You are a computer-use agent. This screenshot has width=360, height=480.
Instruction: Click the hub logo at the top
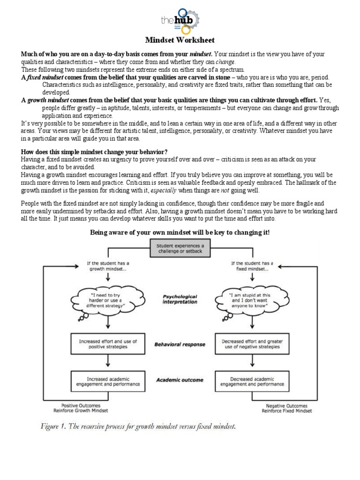[180, 20]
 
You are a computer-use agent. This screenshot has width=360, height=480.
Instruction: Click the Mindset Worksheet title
[180, 40]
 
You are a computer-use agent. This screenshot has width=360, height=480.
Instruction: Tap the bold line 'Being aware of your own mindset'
[180, 232]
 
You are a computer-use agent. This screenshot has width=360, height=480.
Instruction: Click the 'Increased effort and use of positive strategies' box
[108, 345]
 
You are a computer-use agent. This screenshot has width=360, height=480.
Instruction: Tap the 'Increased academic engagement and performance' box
[108, 381]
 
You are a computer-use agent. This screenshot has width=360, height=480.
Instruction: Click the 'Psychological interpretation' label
[180, 299]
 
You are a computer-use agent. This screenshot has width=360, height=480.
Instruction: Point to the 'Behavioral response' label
[180, 345]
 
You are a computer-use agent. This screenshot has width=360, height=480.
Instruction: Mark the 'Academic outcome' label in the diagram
[180, 381]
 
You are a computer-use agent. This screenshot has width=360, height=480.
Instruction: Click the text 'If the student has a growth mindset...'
[108, 267]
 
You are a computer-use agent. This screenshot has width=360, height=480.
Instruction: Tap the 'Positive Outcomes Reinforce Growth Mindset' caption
[85, 408]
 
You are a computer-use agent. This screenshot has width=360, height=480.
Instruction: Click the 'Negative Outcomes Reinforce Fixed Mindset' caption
[286, 408]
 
